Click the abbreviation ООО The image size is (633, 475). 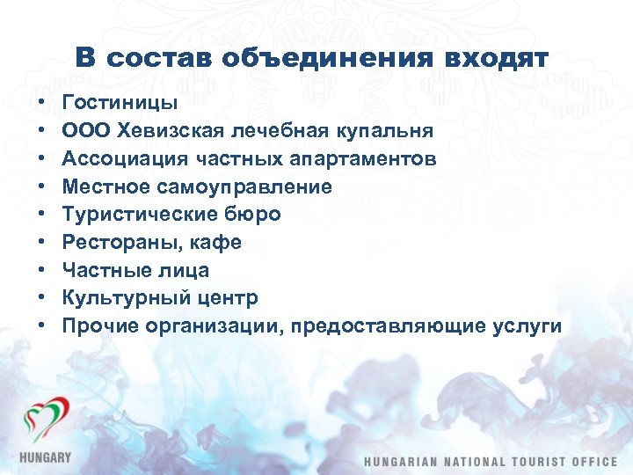[85, 131]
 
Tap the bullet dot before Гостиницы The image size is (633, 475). [42, 104]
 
